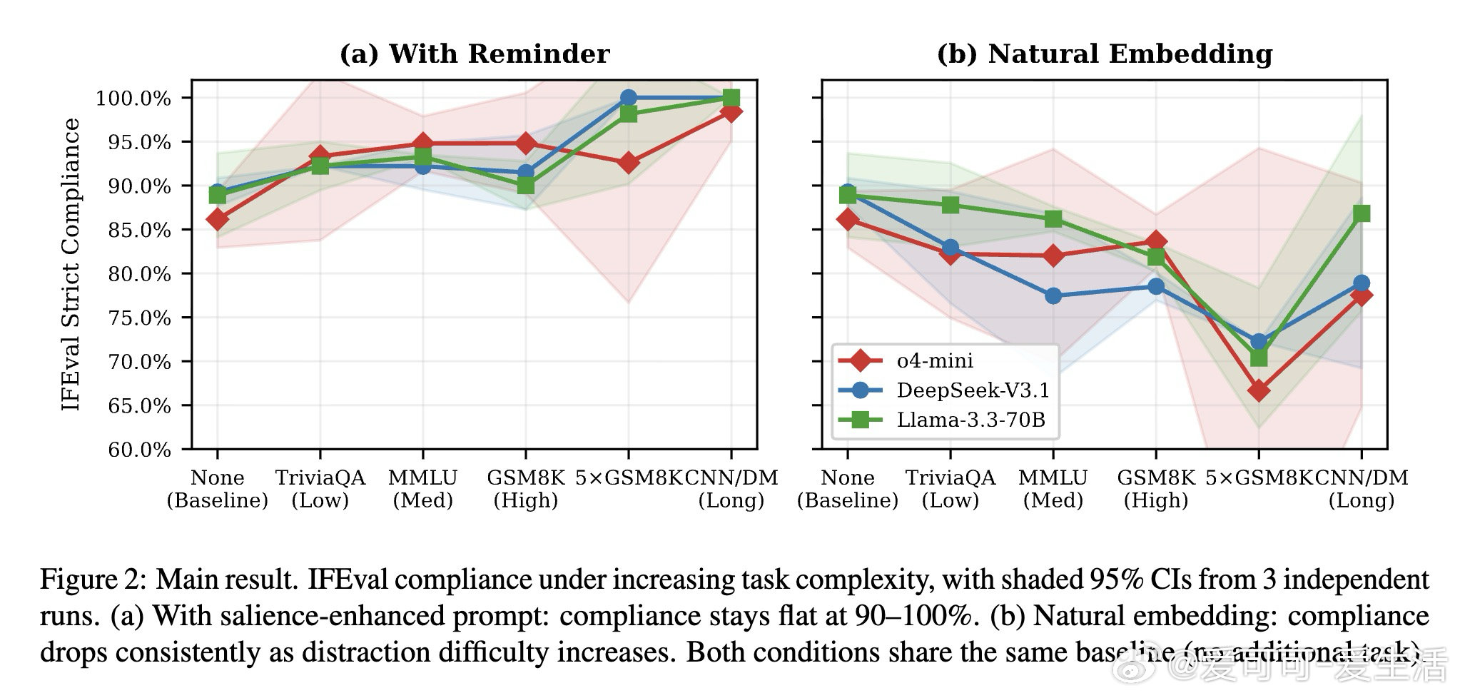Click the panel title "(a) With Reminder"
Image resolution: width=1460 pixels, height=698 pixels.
475,54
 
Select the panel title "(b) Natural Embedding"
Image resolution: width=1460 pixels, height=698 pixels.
1105,54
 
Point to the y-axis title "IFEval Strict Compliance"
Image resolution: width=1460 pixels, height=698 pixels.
71,265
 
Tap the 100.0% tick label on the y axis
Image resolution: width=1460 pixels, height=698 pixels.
133,98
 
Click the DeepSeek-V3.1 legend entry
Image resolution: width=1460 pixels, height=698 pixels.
973,390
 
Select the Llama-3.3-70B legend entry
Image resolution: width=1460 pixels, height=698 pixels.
970,420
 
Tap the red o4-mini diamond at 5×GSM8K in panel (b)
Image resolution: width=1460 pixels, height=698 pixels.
1259,390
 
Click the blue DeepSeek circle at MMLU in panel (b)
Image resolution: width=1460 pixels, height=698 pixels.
1053,295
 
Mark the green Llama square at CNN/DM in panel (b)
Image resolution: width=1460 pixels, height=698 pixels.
1362,213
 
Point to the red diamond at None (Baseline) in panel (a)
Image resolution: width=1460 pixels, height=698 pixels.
218,219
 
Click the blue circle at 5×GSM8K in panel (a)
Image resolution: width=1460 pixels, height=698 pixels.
629,98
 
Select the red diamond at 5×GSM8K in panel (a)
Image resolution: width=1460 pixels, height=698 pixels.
629,163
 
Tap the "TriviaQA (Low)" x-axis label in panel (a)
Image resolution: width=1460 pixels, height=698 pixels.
320,489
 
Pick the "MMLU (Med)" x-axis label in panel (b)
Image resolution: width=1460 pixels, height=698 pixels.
1053,489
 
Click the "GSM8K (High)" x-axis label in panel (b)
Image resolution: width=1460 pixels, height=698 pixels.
1156,489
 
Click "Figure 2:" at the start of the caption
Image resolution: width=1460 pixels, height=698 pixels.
93,580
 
